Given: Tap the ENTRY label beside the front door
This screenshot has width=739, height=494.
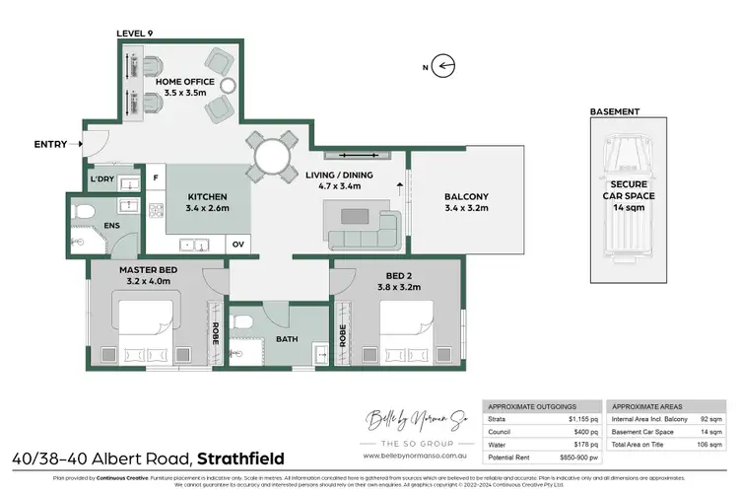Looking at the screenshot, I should pyautogui.click(x=50, y=144).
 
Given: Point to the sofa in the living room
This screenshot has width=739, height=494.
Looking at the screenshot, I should pyautogui.click(x=364, y=228).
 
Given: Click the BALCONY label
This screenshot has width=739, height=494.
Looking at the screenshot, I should pyautogui.click(x=466, y=196).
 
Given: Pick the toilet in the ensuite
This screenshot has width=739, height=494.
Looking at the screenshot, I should pyautogui.click(x=85, y=212).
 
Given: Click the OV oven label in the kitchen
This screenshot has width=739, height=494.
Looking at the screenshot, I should pyautogui.click(x=237, y=244).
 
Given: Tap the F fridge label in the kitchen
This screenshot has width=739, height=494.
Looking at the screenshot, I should pyautogui.click(x=156, y=178).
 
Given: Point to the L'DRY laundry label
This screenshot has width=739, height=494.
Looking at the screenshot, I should pyautogui.click(x=102, y=179).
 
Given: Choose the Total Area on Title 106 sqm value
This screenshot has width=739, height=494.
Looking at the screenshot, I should pyautogui.click(x=708, y=446).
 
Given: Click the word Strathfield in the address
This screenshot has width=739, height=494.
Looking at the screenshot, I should pyautogui.click(x=241, y=459).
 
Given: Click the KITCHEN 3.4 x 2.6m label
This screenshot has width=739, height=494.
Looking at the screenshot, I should pyautogui.click(x=208, y=202).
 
